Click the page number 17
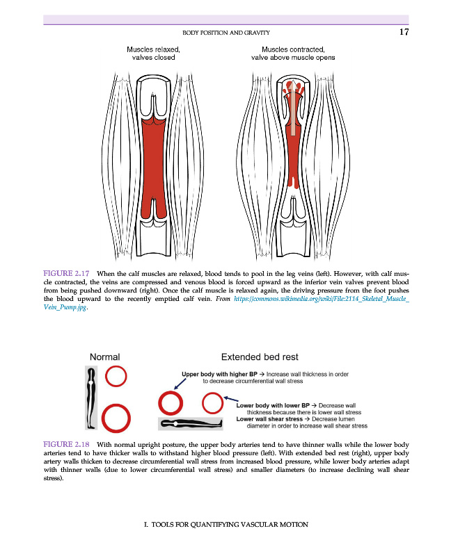(404, 32)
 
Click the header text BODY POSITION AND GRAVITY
(226, 33)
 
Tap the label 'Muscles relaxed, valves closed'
(154, 54)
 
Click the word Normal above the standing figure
(105, 357)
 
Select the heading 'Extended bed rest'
(259, 357)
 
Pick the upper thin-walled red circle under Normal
(116, 377)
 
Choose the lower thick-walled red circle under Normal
(116, 417)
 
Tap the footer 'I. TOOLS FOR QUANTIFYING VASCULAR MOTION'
(225, 524)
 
